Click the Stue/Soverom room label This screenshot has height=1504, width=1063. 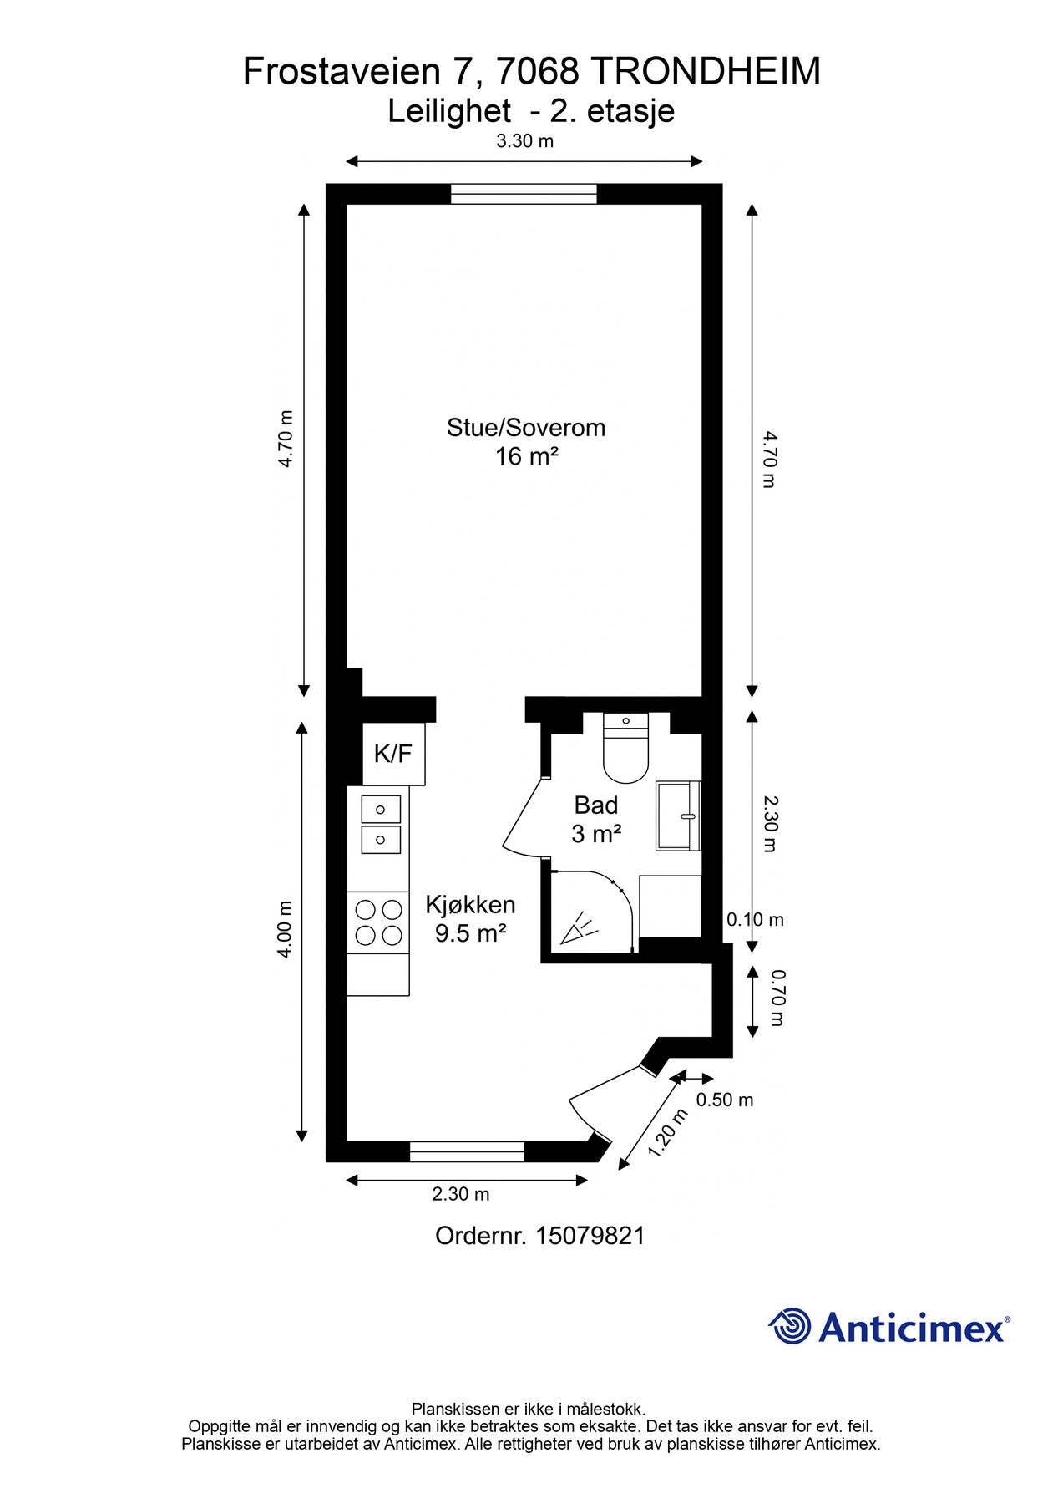point(525,428)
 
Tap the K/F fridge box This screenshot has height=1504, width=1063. point(392,754)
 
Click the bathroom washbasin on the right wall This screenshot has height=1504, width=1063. point(677,816)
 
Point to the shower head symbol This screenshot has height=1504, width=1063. point(579,930)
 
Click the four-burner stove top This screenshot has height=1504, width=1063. point(378,922)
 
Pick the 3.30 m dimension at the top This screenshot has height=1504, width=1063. point(524,141)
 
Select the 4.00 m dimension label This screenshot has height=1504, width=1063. point(286,928)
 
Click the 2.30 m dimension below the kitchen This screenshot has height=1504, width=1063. point(460,1194)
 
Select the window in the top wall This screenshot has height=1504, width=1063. point(524,194)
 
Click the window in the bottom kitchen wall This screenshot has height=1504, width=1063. point(467,1151)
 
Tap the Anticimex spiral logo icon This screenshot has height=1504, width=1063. point(789,1327)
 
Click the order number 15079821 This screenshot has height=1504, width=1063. point(590,1236)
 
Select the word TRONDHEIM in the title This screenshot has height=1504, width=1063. point(706,73)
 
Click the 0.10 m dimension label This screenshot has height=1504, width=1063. point(754,920)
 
